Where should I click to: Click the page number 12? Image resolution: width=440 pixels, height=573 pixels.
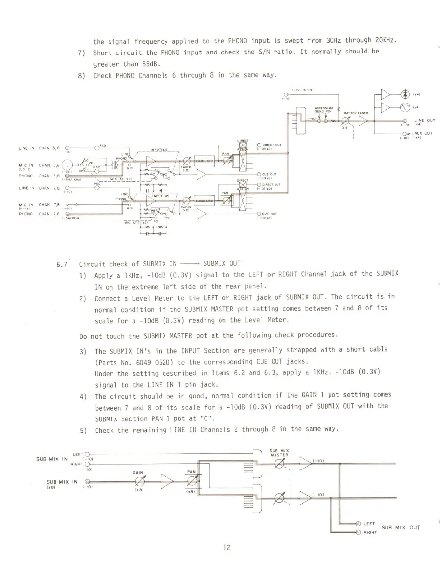point(227,547)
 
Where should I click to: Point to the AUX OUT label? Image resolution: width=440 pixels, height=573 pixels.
point(424,133)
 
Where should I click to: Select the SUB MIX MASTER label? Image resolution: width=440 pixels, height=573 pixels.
point(279,453)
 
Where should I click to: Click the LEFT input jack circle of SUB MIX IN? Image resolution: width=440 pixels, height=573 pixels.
point(88,454)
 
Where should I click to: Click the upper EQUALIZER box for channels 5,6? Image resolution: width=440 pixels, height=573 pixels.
point(203,160)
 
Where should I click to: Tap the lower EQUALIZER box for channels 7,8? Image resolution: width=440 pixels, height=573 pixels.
point(203,201)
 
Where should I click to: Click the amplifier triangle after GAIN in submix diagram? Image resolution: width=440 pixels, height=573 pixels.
point(166,481)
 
